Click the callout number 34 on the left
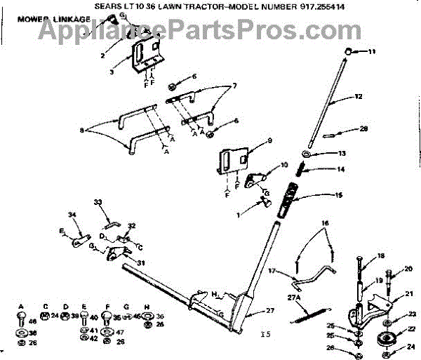(x=71, y=213)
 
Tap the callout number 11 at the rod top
(x=372, y=51)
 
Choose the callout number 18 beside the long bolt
(x=381, y=256)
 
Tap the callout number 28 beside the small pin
(x=363, y=128)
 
